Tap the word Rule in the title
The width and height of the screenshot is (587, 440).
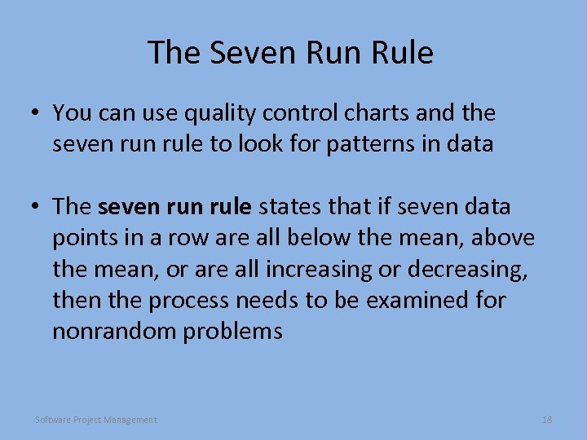[x=401, y=53]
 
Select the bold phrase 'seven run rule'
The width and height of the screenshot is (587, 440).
[x=174, y=207]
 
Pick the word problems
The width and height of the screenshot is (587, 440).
[x=236, y=332]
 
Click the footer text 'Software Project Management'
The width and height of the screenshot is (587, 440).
[x=96, y=420]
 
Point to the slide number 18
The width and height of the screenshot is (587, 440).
[x=547, y=420]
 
